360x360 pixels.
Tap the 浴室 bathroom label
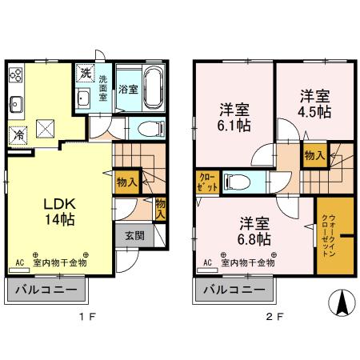[x=127, y=90]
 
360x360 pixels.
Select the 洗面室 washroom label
[x=104, y=87]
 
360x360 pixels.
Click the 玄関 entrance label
[x=134, y=235]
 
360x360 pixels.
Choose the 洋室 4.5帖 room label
[x=315, y=104]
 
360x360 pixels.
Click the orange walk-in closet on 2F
[x=334, y=237]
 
